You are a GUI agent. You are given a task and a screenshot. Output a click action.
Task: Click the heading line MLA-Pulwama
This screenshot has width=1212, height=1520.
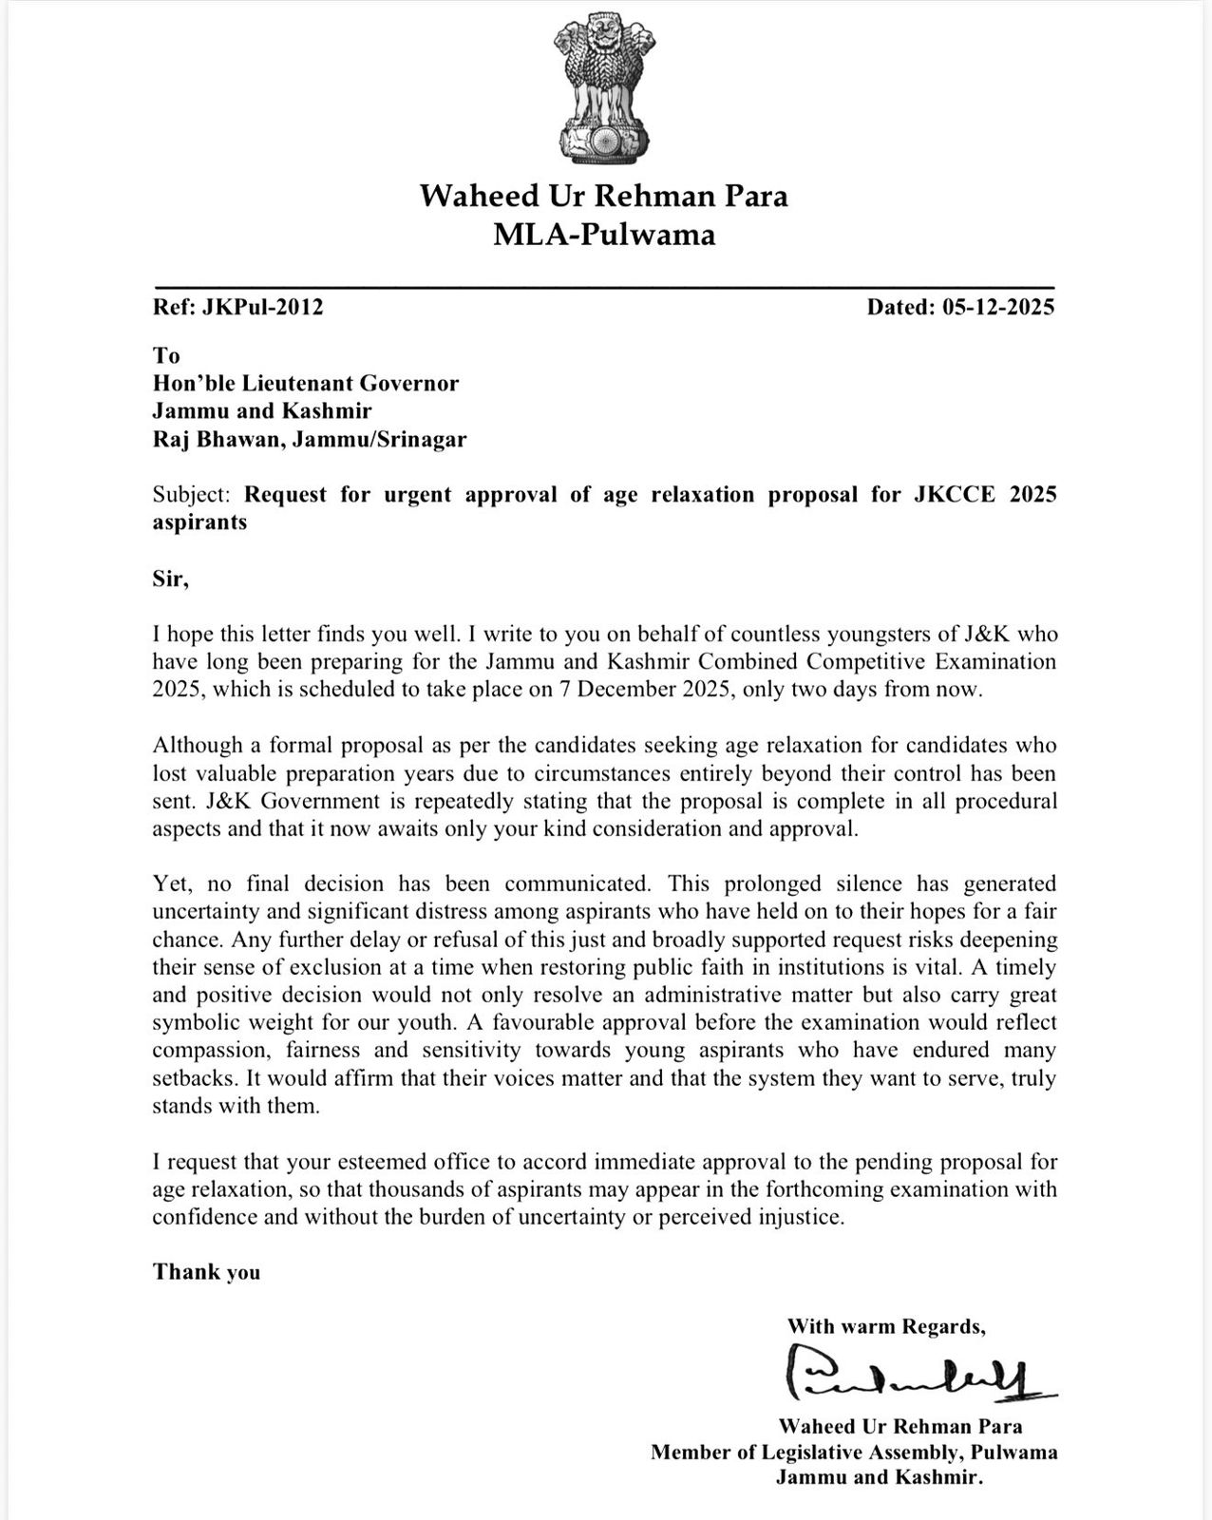(x=604, y=235)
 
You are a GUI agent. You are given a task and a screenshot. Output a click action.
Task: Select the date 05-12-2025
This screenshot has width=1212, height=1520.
(x=998, y=307)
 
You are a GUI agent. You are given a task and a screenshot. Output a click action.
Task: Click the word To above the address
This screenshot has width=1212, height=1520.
(x=166, y=355)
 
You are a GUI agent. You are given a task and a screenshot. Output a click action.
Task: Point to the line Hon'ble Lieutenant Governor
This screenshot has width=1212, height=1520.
(x=306, y=383)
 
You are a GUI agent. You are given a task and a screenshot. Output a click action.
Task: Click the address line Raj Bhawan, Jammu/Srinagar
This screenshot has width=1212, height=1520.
(x=310, y=439)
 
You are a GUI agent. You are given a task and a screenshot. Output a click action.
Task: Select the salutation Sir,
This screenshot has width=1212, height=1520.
(x=171, y=579)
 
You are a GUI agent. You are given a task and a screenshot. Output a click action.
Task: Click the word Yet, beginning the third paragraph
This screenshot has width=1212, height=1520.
(x=175, y=883)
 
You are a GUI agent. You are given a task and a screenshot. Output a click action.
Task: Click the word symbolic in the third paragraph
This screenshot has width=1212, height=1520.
(x=192, y=1023)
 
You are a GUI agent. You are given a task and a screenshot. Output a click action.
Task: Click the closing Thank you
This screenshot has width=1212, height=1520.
(x=206, y=1272)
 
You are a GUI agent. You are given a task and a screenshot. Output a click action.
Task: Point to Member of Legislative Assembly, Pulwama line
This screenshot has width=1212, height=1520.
(x=854, y=1453)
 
